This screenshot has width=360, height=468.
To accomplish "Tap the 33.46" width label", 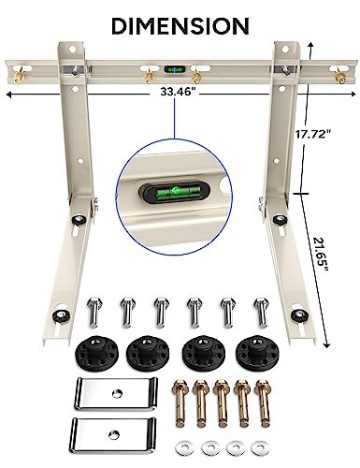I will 179,93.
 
